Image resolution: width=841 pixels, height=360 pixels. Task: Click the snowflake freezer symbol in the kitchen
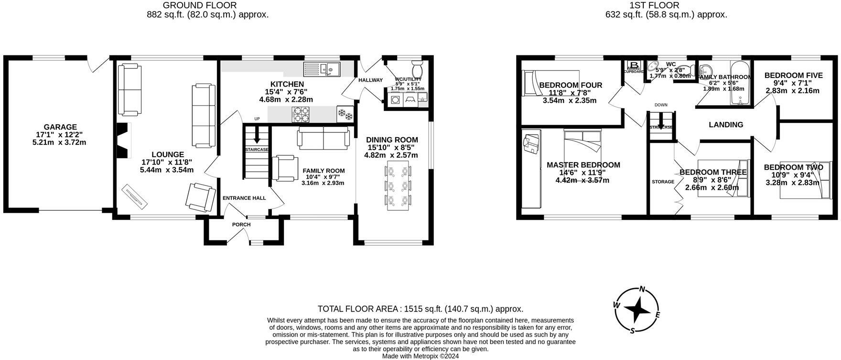pyautogui.click(x=345, y=114)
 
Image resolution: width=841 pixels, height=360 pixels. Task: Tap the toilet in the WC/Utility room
pyautogui.click(x=416, y=65)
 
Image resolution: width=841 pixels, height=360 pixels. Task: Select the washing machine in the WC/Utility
pyautogui.click(x=395, y=100)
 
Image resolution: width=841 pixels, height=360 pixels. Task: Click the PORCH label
pyautogui.click(x=241, y=225)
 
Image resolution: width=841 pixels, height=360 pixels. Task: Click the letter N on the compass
pyautogui.click(x=643, y=289)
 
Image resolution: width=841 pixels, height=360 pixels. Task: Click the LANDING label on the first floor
pyautogui.click(x=726, y=125)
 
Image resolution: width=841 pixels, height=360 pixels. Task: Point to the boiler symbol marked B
pyautogui.click(x=635, y=65)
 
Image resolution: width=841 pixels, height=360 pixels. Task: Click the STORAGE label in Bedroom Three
pyautogui.click(x=663, y=182)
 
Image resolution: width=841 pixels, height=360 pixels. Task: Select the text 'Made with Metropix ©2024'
pyautogui.click(x=420, y=356)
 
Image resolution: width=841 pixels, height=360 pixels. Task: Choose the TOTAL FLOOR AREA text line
pyautogui.click(x=420, y=309)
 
